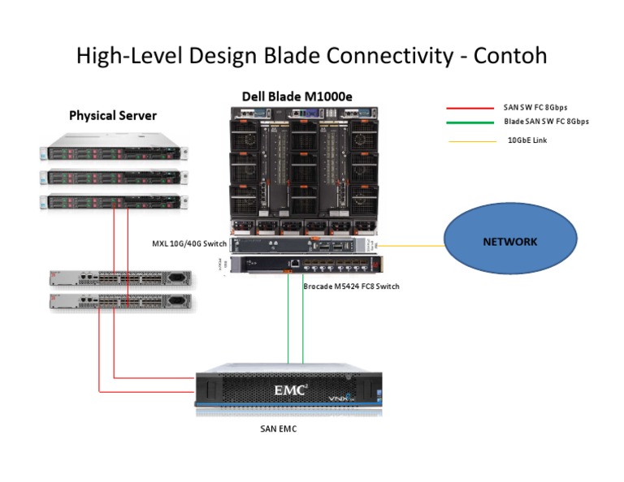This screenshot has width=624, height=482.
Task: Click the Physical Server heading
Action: pyautogui.click(x=112, y=115)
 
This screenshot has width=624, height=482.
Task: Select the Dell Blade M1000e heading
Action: pyautogui.click(x=297, y=97)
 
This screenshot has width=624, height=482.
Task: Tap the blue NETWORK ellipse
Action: pyautogui.click(x=510, y=242)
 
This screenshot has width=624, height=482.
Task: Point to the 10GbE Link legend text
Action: pyautogui.click(x=527, y=140)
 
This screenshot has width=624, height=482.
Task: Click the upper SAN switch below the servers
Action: pyautogui.click(x=122, y=279)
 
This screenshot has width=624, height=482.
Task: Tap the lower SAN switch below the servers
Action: pyautogui.click(x=122, y=303)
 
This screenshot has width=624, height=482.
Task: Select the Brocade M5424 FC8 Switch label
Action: pyautogui.click(x=351, y=286)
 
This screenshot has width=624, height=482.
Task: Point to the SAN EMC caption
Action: pyautogui.click(x=272, y=429)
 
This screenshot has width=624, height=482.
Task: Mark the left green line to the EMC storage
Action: pyautogui.click(x=288, y=325)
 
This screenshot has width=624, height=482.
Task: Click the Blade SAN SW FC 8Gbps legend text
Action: pyautogui.click(x=546, y=122)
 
